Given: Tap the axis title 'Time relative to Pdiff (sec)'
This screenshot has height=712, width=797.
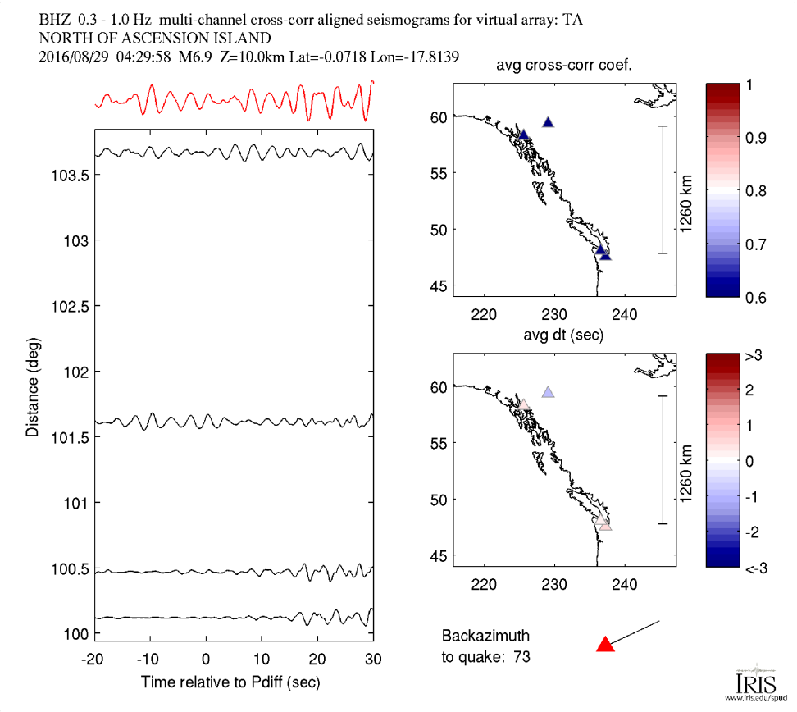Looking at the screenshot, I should tap(230, 682).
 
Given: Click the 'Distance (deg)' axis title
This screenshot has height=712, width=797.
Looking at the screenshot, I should tap(32, 386).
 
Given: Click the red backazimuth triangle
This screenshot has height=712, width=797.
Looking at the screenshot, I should tap(605, 645).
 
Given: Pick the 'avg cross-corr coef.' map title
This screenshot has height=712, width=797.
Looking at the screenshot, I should tap(564, 66).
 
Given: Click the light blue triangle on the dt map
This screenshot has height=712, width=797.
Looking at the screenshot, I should tap(548, 393).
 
